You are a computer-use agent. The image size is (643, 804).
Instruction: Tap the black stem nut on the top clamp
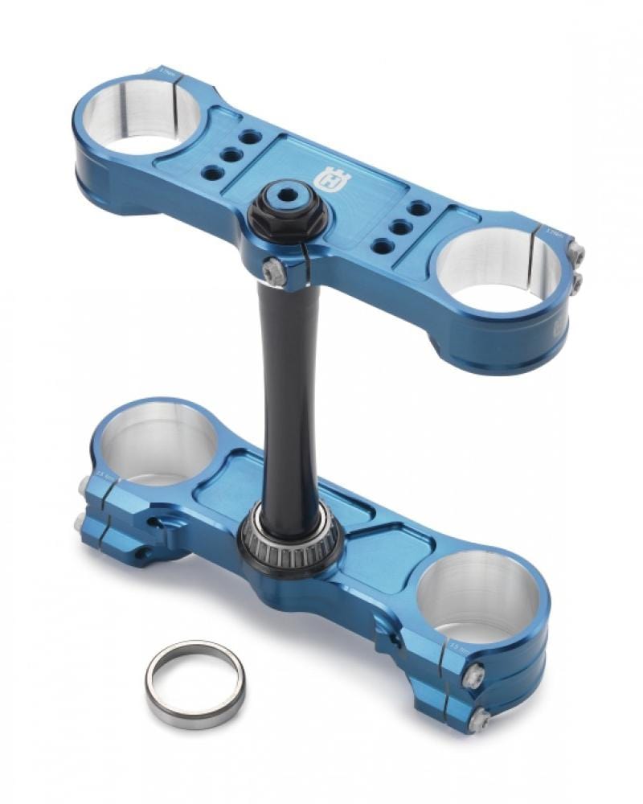tap(288, 211)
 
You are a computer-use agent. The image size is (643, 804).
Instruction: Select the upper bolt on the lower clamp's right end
tap(474, 675)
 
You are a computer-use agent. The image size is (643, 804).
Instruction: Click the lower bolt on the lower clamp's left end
tap(79, 523)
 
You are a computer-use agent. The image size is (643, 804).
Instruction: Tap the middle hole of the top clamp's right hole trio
tap(399, 226)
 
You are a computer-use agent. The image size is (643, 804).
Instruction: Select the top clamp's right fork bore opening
tap(498, 266)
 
